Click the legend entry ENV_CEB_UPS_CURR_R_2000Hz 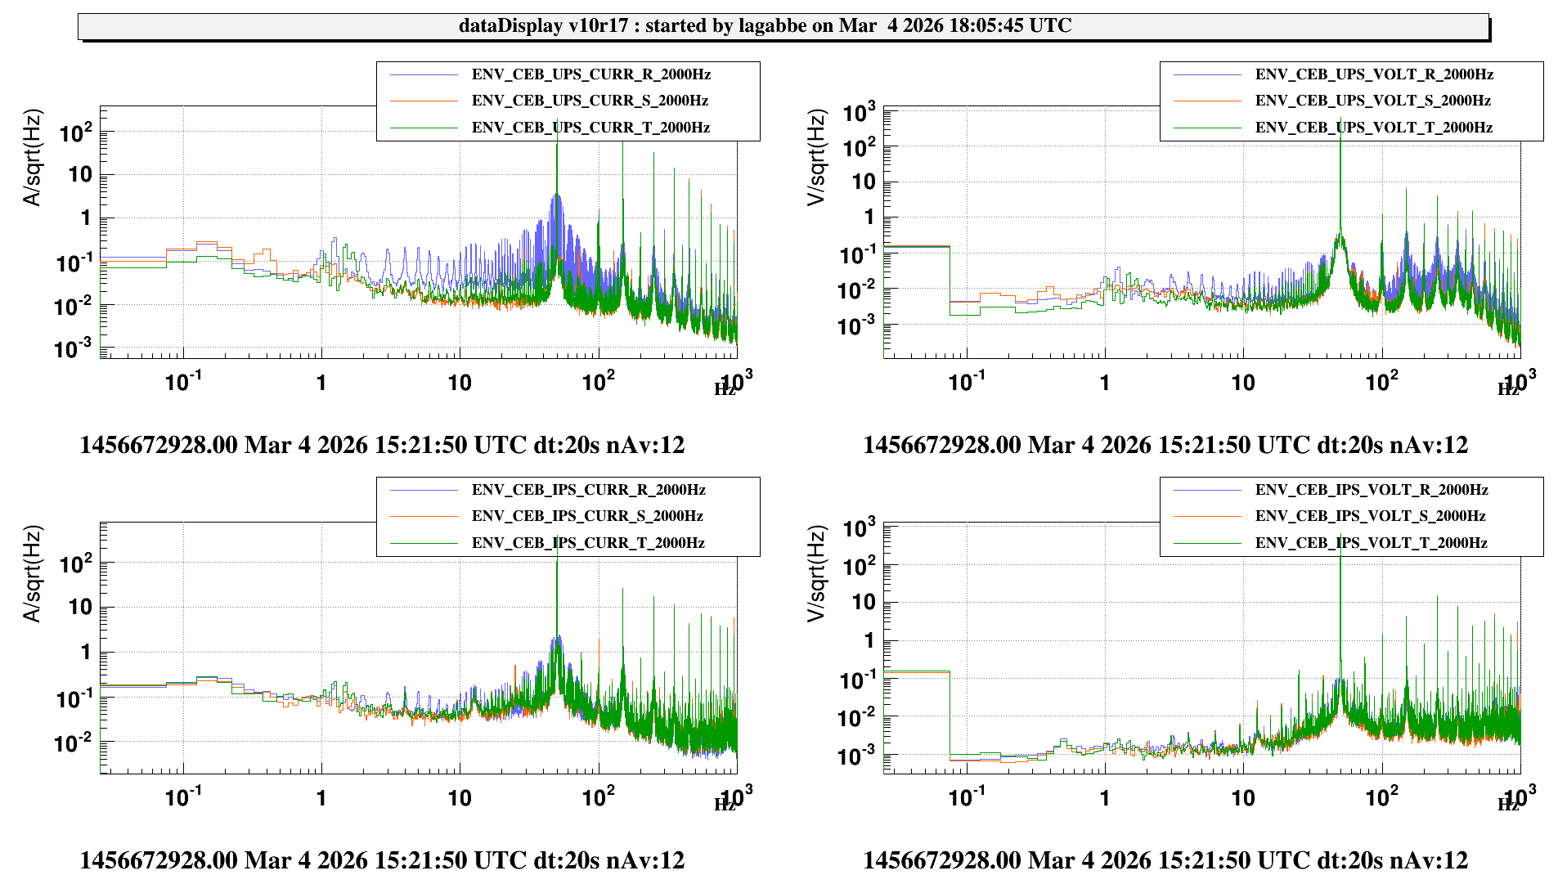click(590, 74)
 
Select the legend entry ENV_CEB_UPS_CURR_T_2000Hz click(590, 128)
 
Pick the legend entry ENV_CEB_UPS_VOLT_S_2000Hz click(1372, 101)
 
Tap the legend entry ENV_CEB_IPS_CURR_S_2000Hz click(587, 516)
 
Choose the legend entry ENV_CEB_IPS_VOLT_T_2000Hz click(1371, 543)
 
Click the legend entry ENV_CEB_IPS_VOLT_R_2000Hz click(1372, 490)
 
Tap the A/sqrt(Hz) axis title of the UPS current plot click(32, 158)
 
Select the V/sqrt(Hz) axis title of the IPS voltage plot click(816, 573)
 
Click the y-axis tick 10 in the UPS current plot click(80, 174)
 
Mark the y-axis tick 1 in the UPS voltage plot click(869, 217)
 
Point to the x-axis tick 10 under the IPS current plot click(460, 798)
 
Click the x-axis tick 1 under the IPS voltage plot click(1105, 798)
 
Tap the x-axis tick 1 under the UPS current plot click(321, 383)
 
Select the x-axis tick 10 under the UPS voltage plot click(1243, 383)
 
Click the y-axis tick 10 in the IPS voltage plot click(864, 602)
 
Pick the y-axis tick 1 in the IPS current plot click(85, 652)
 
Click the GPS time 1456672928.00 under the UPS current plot click(159, 445)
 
